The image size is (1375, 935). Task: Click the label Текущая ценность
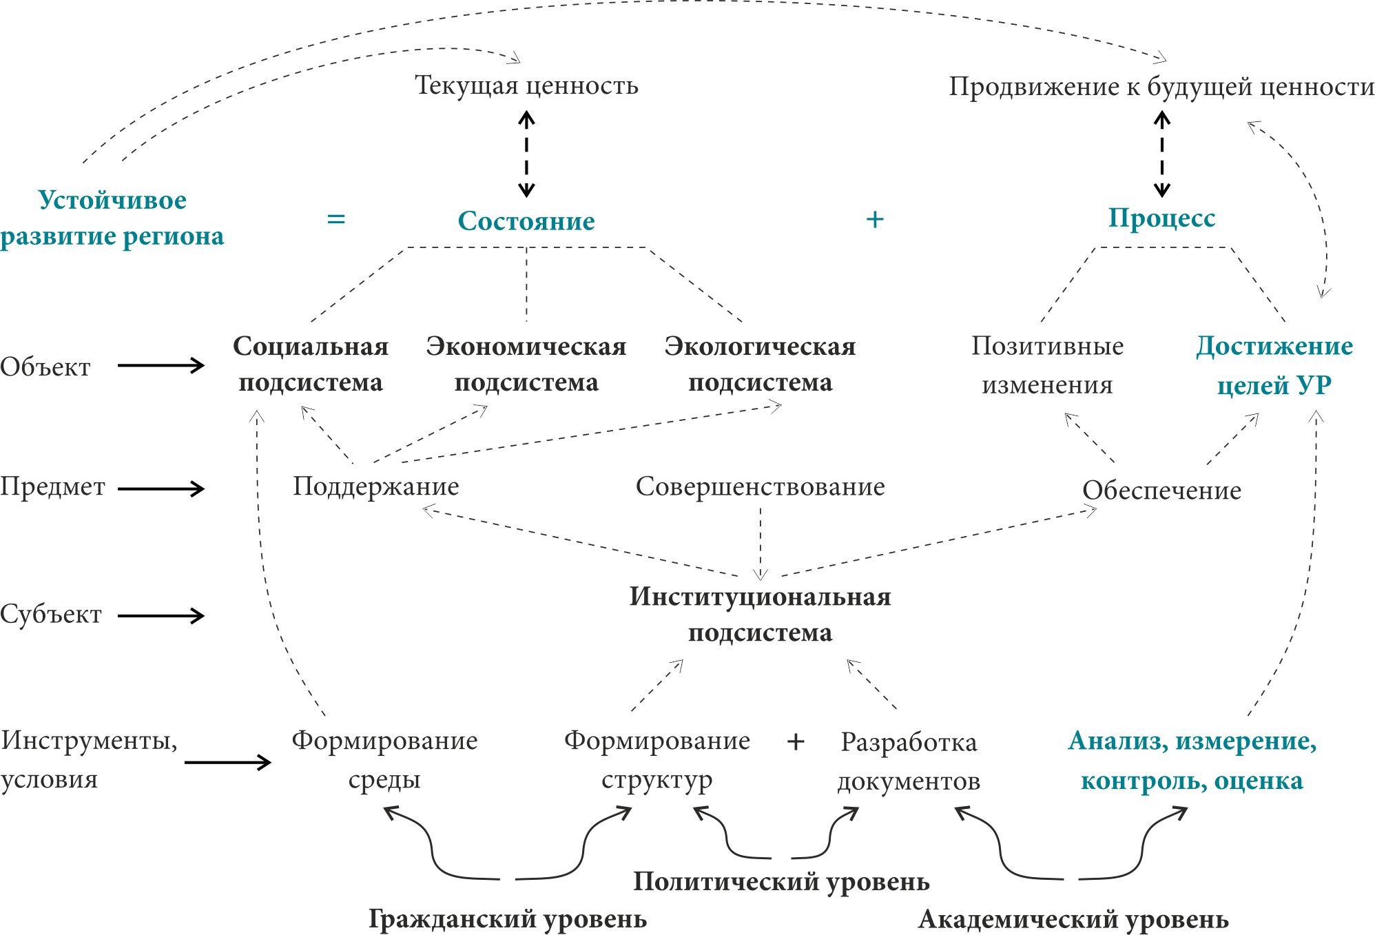(526, 85)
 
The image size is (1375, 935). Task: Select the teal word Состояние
(526, 221)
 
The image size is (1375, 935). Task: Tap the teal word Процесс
(1161, 218)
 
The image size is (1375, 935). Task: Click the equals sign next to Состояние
(335, 219)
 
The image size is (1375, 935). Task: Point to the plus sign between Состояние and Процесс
(874, 219)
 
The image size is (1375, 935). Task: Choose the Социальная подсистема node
(311, 364)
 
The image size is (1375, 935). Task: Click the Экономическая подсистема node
(526, 364)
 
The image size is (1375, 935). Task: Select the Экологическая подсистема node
(760, 364)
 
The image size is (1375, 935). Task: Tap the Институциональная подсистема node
(760, 614)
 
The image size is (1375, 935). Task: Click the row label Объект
(45, 367)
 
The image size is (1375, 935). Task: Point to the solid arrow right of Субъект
(161, 615)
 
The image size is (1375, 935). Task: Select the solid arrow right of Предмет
(161, 489)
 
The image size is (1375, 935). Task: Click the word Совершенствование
(760, 486)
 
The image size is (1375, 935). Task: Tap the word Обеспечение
(1161, 491)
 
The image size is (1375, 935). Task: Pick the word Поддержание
(375, 486)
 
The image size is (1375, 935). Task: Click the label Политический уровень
(781, 882)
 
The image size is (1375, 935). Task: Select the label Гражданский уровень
(508, 919)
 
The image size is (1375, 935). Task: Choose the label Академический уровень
(1073, 919)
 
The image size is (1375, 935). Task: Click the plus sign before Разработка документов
(796, 742)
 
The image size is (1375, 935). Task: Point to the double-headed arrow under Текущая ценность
(526, 154)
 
